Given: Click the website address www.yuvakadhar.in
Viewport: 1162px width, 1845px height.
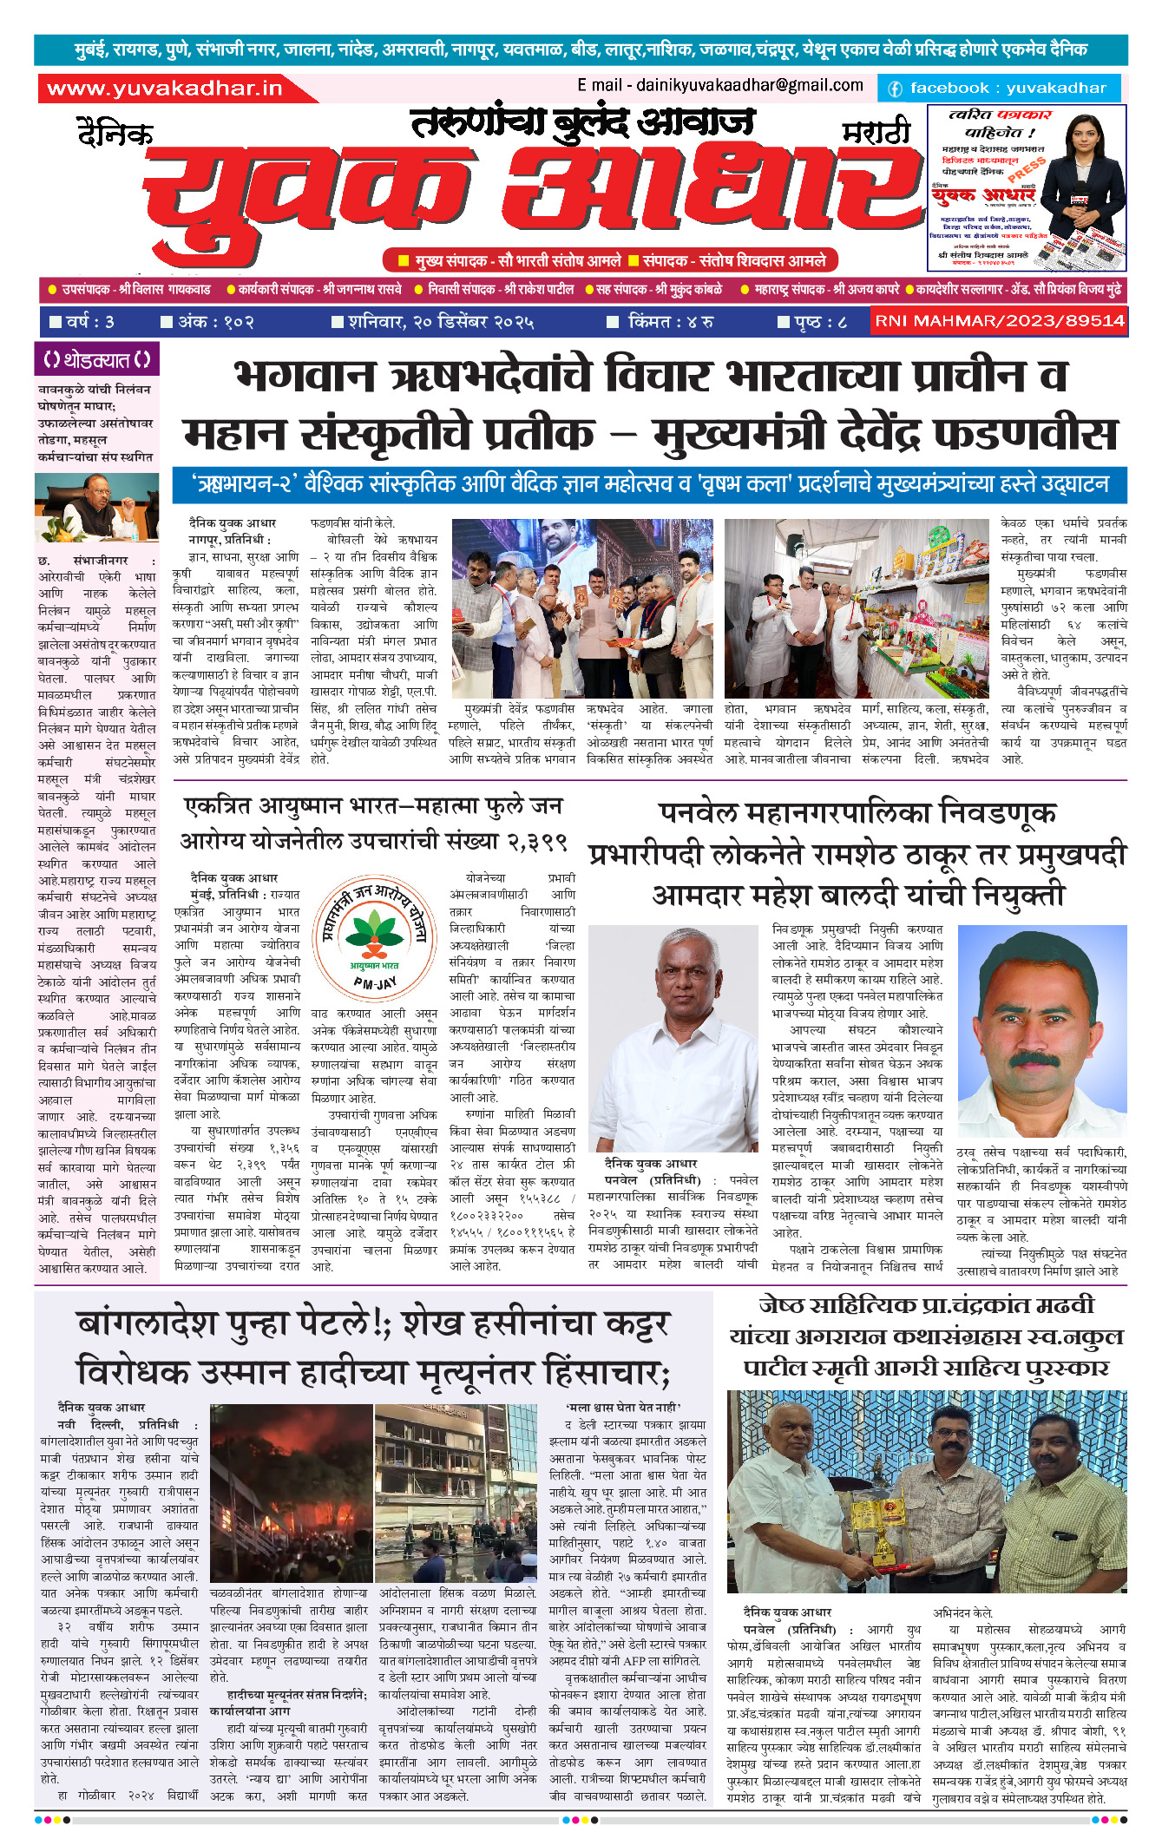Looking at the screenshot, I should (165, 89).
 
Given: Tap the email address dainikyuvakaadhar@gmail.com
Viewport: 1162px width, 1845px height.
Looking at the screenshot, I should (719, 85).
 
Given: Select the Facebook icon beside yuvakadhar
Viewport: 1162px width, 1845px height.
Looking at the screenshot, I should (894, 89).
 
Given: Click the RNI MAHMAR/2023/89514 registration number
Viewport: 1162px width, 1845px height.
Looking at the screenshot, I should (1000, 321).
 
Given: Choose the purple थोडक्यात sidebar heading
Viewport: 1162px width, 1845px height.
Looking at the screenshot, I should (96, 359).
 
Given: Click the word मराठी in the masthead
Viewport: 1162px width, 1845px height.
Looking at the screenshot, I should (876, 133).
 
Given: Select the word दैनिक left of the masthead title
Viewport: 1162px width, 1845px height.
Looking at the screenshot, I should (115, 135).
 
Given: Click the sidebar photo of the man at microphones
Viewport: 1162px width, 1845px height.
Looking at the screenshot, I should (96, 508).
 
